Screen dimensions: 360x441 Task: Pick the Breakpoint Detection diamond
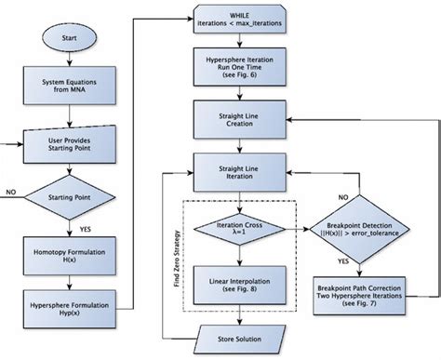pyautogui.click(x=371, y=227)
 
